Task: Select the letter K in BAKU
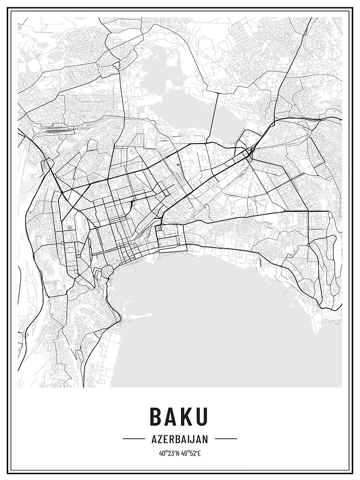point(188,417)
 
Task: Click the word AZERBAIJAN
point(180,439)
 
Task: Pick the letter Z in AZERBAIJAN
point(159,439)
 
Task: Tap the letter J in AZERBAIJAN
point(192,439)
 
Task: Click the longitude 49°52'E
point(191,452)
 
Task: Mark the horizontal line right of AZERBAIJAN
point(226,439)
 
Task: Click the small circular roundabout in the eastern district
point(308,245)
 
